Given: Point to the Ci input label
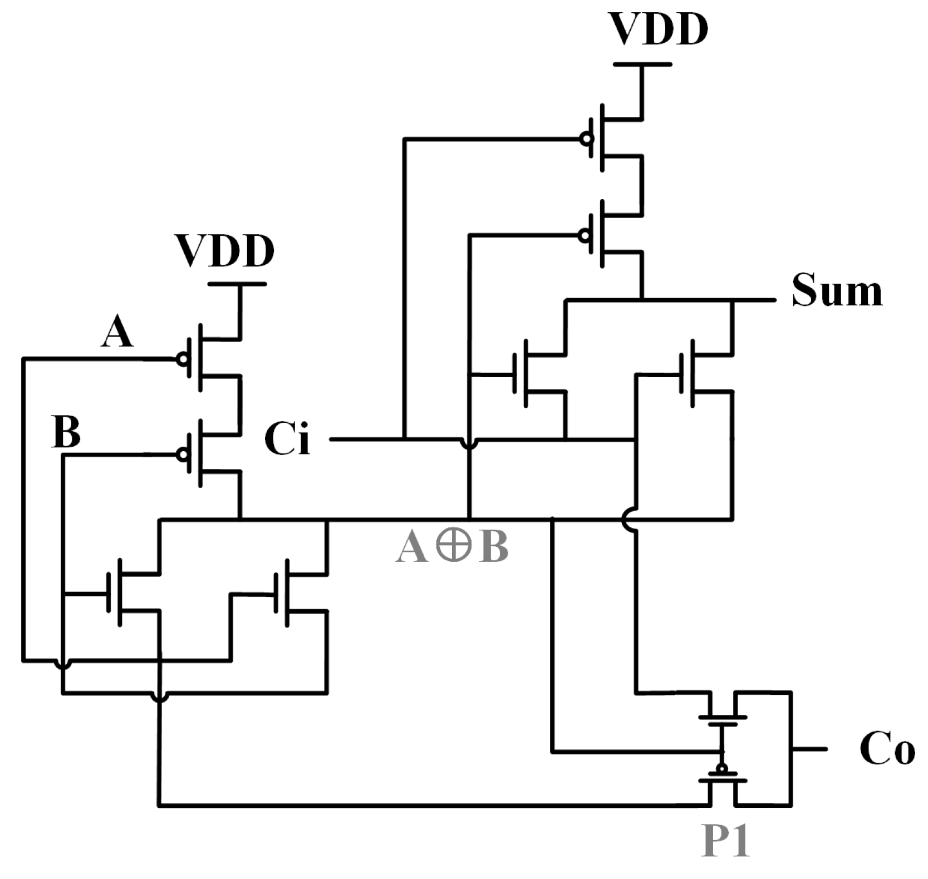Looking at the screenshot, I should (x=287, y=439).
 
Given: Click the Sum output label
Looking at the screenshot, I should (x=837, y=290).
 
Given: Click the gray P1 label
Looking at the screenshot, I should (x=725, y=842).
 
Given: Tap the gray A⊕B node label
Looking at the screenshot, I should (x=452, y=547).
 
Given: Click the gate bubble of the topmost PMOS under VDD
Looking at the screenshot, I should (x=585, y=139).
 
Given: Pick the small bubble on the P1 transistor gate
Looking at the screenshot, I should (x=722, y=769).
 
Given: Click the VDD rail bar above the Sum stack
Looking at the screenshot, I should (x=642, y=65).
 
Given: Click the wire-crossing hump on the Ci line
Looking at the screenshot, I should (x=470, y=443).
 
